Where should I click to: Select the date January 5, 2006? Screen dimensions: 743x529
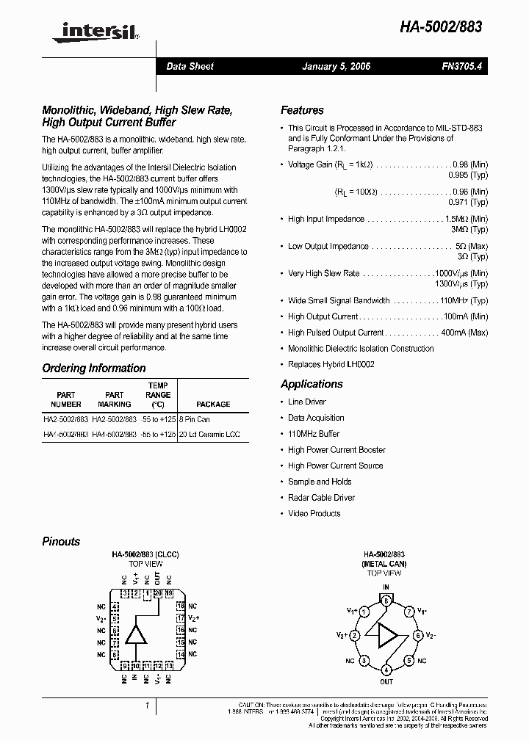click(336, 66)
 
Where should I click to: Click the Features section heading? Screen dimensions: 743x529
click(302, 110)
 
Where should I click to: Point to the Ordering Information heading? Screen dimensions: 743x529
click(93, 369)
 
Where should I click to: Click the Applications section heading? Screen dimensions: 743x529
click(312, 384)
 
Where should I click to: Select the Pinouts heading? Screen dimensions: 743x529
click(61, 541)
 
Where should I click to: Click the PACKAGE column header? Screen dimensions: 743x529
click(213, 404)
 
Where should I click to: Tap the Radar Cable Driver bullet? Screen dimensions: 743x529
click(321, 498)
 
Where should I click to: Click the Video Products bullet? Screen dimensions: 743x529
click(314, 514)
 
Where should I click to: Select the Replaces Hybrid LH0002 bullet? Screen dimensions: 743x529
click(331, 365)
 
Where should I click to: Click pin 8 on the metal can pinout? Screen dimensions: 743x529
click(386, 601)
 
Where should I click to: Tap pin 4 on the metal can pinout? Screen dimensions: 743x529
click(386, 670)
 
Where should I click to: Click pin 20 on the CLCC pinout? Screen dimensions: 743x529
click(157, 592)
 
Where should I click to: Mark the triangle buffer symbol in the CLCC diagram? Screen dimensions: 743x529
click(135, 634)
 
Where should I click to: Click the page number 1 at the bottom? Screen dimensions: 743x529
click(148, 706)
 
